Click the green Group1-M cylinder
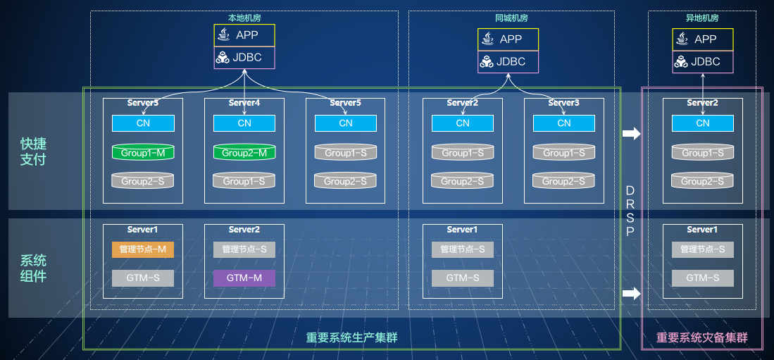(143, 152)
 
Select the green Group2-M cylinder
(244, 152)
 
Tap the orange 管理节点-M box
(143, 249)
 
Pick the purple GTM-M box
(244, 278)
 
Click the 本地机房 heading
(244, 18)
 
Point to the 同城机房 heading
(511, 18)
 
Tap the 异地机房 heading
(702, 18)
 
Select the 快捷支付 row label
(33, 151)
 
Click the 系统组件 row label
(33, 268)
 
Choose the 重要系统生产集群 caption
(352, 337)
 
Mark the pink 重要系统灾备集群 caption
(702, 337)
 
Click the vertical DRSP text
(629, 211)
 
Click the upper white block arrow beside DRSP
(631, 133)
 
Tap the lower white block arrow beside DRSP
(631, 294)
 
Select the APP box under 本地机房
(244, 35)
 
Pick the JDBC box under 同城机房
(508, 62)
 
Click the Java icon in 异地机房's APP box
(682, 39)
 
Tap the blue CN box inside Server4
(244, 123)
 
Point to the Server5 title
(346, 103)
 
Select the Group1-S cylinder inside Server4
(244, 181)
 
